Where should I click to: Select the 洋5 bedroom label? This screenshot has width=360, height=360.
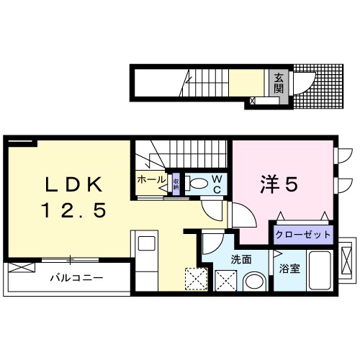[x=278, y=185]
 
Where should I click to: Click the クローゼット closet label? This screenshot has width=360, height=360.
[x=302, y=235]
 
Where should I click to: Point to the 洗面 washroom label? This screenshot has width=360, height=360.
[x=240, y=258]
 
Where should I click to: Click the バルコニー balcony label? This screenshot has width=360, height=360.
[x=76, y=277]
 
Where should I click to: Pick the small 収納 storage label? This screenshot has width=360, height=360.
[x=176, y=181]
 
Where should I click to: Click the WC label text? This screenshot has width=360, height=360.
[x=215, y=184]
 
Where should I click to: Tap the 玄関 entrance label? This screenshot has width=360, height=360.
[x=277, y=84]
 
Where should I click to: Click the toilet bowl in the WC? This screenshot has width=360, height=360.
[x=197, y=183]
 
